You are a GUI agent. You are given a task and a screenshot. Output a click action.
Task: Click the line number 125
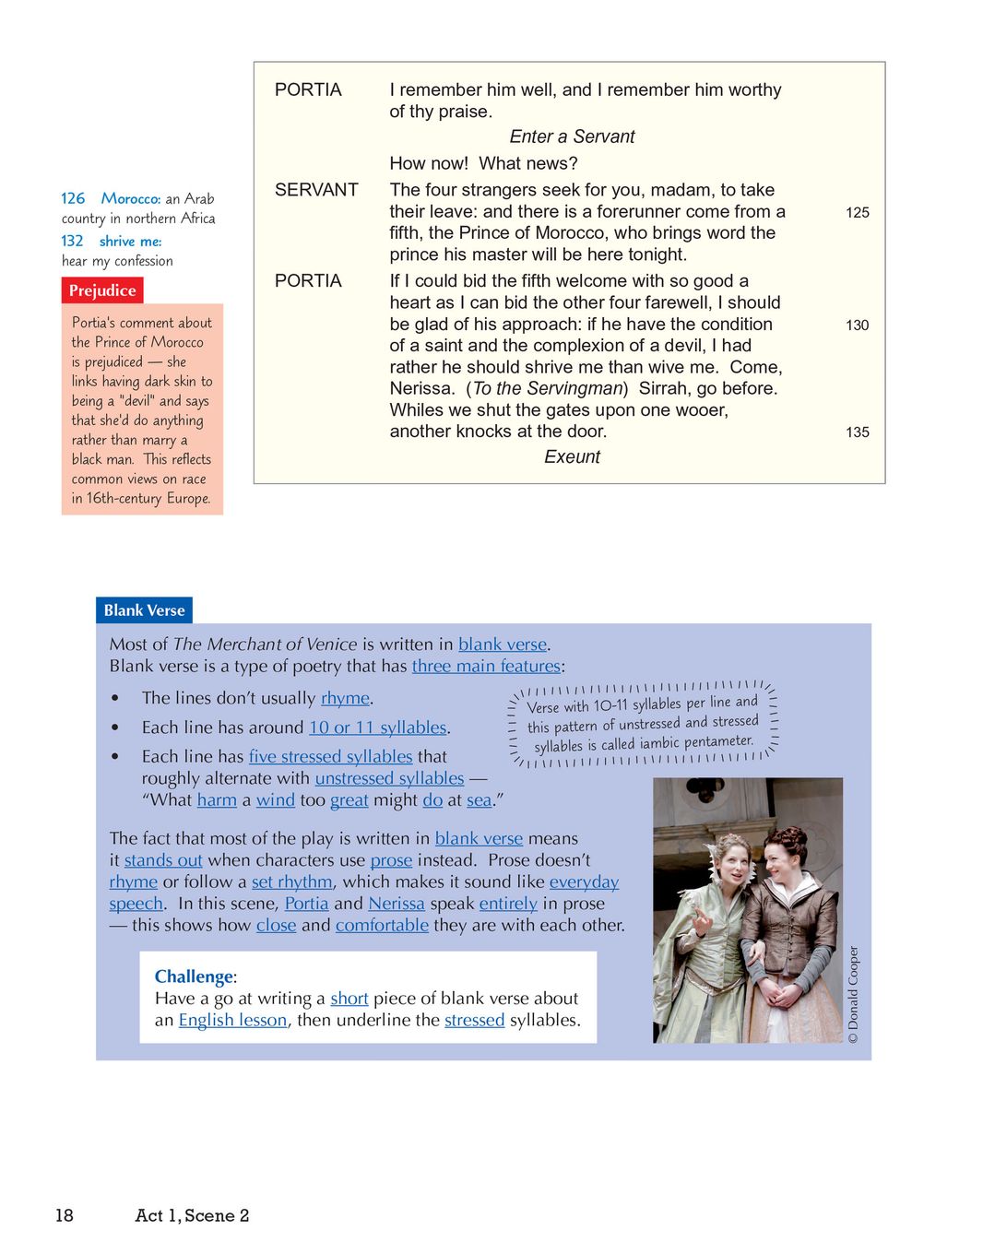point(857,212)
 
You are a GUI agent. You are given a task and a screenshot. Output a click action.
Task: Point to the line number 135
point(857,432)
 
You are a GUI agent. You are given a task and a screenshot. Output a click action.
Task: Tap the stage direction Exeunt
point(572,456)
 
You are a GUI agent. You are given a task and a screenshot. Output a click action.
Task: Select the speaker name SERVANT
point(316,190)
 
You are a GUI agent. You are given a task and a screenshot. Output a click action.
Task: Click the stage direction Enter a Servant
point(572,136)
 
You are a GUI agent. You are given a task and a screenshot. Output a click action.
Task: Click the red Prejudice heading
point(102,290)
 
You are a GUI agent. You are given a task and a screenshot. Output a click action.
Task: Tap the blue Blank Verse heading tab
point(144,610)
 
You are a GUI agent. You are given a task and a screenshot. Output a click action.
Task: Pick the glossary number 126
point(73,198)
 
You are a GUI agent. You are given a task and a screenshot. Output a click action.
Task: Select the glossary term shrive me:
point(130,241)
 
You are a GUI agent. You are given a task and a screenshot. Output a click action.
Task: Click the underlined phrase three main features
point(486,666)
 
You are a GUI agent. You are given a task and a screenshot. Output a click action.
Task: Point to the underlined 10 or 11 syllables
point(378,728)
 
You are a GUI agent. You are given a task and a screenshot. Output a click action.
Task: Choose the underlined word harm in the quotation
point(217,799)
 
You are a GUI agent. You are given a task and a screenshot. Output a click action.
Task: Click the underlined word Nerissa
point(397,904)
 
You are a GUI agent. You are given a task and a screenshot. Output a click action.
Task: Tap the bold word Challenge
point(194,976)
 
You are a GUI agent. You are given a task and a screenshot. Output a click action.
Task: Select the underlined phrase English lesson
point(232,1020)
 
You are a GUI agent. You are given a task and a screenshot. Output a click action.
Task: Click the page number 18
point(65,1215)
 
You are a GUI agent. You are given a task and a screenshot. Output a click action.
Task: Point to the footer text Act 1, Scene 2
point(192,1215)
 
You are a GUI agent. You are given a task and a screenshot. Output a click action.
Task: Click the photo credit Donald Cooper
point(853,994)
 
